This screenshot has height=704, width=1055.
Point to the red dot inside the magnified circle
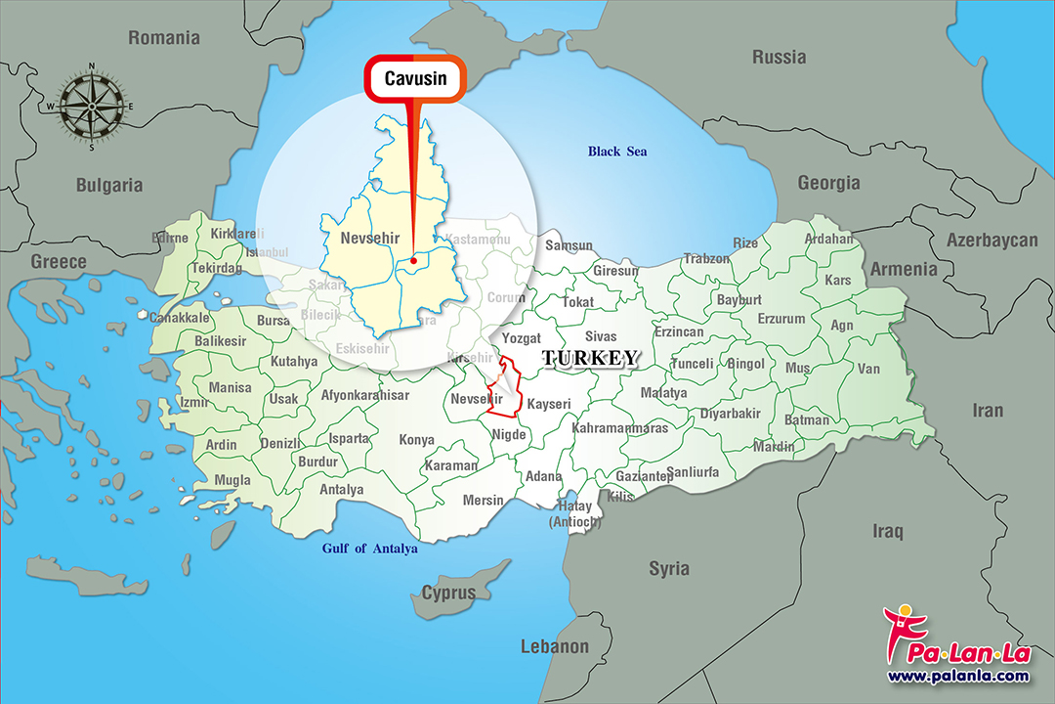click(414, 260)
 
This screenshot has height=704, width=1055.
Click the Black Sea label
click(616, 152)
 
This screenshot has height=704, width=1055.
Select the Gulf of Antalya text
click(369, 549)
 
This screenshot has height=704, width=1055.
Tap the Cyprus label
click(448, 593)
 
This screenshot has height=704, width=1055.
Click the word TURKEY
click(589, 358)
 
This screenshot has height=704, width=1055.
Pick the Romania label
click(164, 38)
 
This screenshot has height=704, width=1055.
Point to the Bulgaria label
click(109, 185)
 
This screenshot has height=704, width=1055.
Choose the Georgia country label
click(828, 183)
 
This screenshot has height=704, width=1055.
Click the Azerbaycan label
click(992, 241)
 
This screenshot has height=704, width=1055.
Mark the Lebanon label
click(555, 646)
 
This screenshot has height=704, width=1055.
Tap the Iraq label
click(888, 531)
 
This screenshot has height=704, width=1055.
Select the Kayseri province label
click(548, 403)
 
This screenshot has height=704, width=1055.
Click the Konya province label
click(416, 440)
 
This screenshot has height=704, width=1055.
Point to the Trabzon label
click(706, 259)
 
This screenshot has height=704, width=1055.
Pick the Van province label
click(868, 369)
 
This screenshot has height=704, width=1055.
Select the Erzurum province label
click(781, 319)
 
